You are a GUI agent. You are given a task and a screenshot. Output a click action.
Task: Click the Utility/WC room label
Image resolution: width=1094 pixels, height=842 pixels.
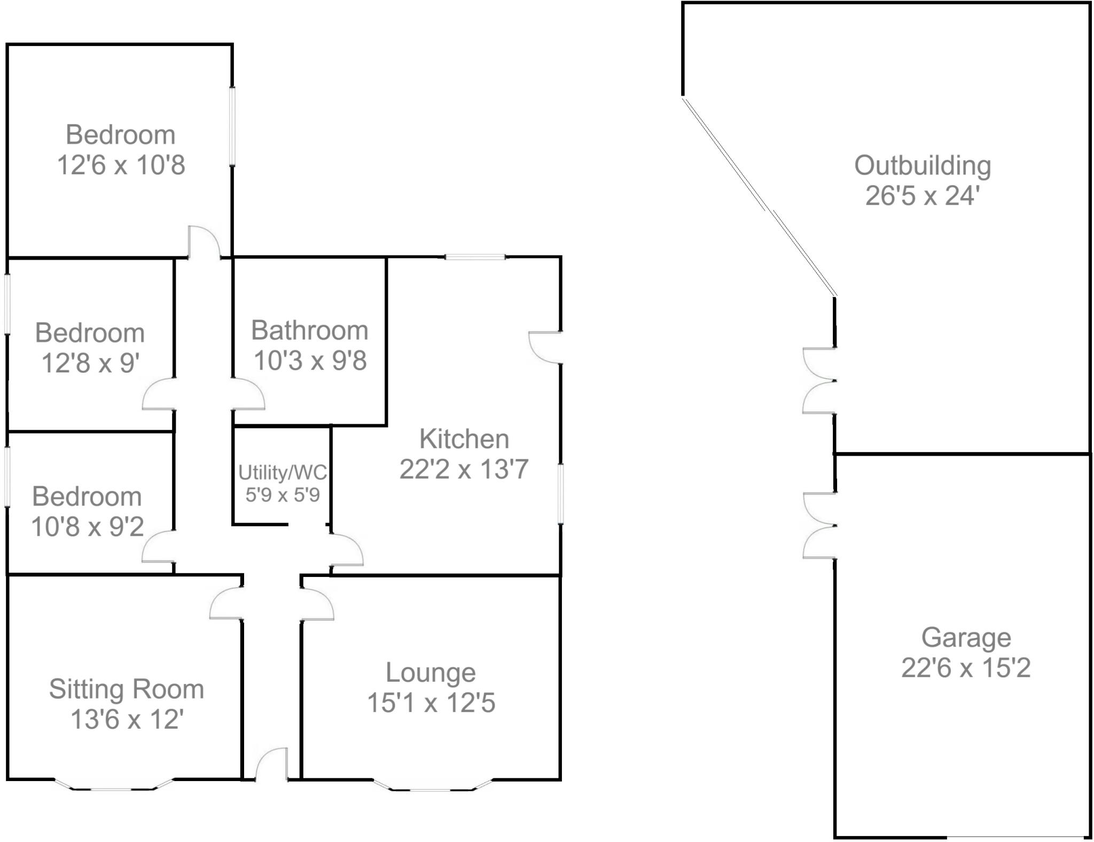pyautogui.click(x=282, y=472)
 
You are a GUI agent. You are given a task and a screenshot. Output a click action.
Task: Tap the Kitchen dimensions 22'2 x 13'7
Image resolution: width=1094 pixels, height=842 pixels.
pyautogui.click(x=464, y=469)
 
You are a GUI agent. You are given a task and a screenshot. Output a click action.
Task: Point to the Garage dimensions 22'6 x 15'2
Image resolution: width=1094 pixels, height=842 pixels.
pyautogui.click(x=966, y=667)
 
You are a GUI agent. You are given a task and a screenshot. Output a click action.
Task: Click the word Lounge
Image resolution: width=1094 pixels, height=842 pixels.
pyautogui.click(x=431, y=672)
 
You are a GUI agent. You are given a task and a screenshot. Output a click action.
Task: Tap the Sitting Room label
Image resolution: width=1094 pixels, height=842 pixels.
pyautogui.click(x=127, y=689)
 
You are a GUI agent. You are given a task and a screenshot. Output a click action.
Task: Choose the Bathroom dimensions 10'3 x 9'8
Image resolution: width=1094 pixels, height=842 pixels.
pyautogui.click(x=310, y=360)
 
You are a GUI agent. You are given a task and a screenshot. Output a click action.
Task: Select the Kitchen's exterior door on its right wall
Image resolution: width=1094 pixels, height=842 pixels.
pyautogui.click(x=545, y=347)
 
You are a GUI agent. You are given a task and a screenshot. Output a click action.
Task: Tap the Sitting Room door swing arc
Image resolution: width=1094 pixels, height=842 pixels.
pyautogui.click(x=226, y=604)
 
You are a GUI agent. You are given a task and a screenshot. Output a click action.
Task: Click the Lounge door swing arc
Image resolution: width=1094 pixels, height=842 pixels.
pyautogui.click(x=318, y=604)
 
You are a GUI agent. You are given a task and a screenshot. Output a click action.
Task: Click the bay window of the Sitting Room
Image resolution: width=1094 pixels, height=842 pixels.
pyautogui.click(x=114, y=786)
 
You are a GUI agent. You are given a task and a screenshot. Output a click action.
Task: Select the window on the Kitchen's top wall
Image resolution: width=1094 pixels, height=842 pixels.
pyautogui.click(x=475, y=258)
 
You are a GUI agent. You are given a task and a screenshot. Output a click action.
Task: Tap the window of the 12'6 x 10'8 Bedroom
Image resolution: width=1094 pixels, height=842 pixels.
pyautogui.click(x=232, y=126)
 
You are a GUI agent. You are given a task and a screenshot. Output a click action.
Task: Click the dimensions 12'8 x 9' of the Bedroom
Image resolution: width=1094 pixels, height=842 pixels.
pyautogui.click(x=90, y=363)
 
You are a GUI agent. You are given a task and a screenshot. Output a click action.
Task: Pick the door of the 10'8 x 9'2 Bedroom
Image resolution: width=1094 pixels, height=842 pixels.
pyautogui.click(x=158, y=547)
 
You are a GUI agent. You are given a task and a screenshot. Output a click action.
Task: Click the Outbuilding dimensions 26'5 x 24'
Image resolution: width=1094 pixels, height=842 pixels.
pyautogui.click(x=923, y=196)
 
